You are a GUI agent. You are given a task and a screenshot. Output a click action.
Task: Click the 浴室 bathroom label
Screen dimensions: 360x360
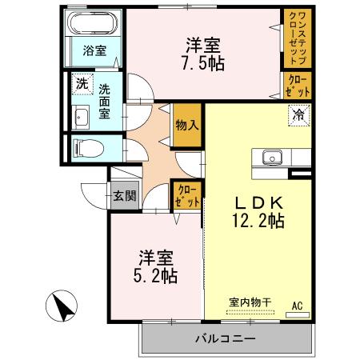(x=95, y=50)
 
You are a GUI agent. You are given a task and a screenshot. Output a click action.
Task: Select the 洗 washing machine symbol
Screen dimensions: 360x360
(x=81, y=83)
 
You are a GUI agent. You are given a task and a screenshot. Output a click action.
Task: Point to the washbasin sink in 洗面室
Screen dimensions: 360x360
(x=80, y=118)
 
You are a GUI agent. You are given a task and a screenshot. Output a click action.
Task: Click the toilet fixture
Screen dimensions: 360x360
(x=83, y=146)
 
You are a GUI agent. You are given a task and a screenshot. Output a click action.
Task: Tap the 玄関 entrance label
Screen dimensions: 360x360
(x=124, y=194)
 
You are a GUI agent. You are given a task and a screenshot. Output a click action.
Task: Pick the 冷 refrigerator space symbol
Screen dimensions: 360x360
(x=298, y=114)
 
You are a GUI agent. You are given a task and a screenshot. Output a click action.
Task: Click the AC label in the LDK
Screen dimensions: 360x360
(x=297, y=305)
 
